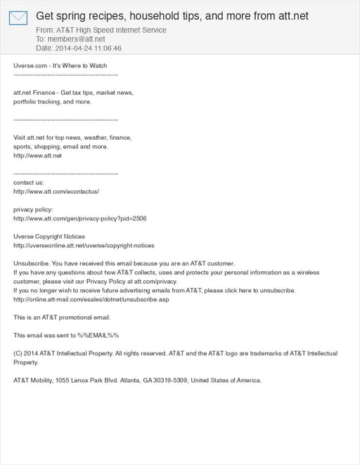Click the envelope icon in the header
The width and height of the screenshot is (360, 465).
point(18,18)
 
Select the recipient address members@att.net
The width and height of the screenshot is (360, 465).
point(75,39)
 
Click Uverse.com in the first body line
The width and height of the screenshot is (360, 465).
point(32,65)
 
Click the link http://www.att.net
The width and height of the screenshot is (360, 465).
point(38,155)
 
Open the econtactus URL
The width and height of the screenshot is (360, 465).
point(56,191)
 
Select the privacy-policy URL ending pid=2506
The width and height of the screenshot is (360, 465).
point(80,218)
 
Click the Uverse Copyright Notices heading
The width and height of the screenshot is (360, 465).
point(49,237)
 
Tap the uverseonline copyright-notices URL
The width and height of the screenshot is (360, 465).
point(84,245)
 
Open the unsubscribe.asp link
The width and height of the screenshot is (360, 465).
point(91,299)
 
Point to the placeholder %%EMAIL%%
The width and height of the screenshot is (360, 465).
point(98,335)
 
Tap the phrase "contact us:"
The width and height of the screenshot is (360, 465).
point(28,182)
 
